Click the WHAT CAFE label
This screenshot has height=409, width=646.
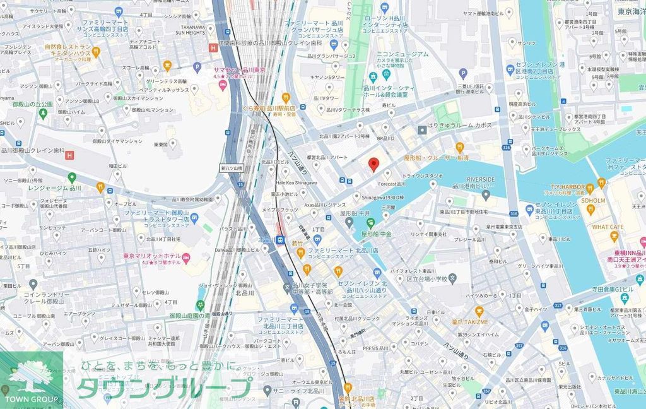pyautogui.click(x=608, y=227)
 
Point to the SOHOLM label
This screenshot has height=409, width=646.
pyautogui.click(x=592, y=201)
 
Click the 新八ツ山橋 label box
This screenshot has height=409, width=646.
pyautogui.click(x=232, y=169)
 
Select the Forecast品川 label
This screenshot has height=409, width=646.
pyautogui.click(x=391, y=184)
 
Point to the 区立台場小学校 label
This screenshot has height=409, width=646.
pyautogui.click(x=426, y=278)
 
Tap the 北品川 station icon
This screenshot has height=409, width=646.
pyautogui.click(x=279, y=240)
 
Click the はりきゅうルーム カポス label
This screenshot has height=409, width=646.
pyautogui.click(x=459, y=126)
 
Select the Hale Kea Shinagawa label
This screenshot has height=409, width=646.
pyautogui.click(x=297, y=182)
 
